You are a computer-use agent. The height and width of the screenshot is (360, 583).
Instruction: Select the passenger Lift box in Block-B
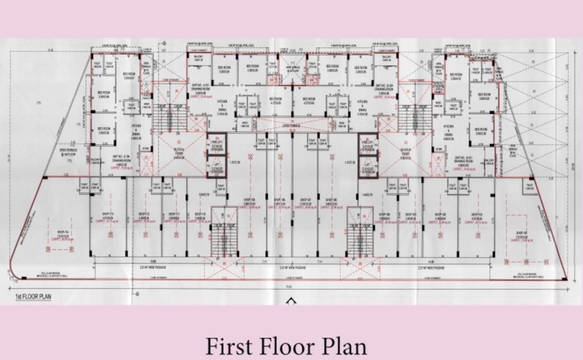coord(368,168)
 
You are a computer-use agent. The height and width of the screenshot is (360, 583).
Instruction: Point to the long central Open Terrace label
coord(292,126)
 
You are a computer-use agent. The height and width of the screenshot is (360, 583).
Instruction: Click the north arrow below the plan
coord(292,300)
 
